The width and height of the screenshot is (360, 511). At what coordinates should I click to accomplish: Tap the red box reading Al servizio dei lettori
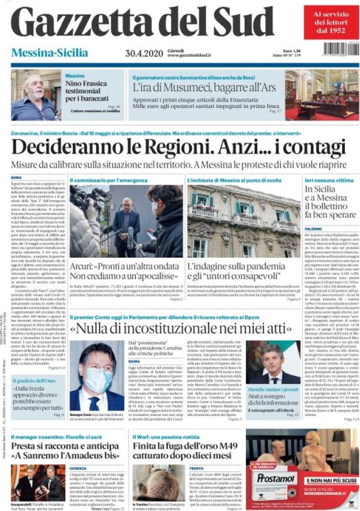click(331, 22)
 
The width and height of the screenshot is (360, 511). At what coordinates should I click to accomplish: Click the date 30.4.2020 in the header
click(140, 53)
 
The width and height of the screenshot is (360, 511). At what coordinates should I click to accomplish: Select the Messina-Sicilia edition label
click(49, 53)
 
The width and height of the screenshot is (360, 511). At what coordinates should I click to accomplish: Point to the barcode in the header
click(340, 49)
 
